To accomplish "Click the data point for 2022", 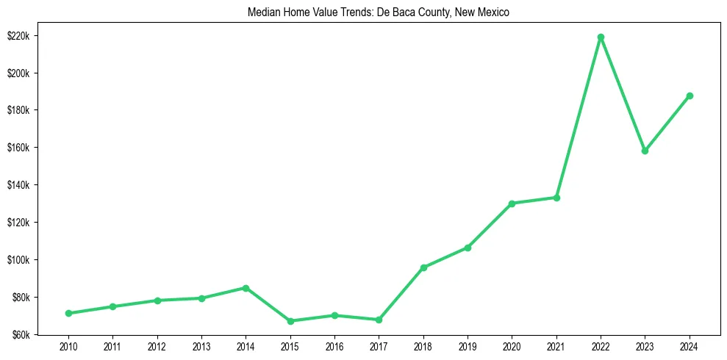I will tap(601, 37).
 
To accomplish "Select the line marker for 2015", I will tap(290, 321).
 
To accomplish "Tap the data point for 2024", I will tap(690, 96).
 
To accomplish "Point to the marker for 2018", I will tap(423, 267).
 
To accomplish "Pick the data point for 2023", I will tap(645, 151).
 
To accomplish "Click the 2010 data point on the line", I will tap(68, 313).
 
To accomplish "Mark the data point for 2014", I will tap(246, 288).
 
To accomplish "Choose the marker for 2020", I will tap(512, 204).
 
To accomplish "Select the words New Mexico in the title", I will tap(486, 12).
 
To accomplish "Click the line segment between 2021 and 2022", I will tap(579, 118).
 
